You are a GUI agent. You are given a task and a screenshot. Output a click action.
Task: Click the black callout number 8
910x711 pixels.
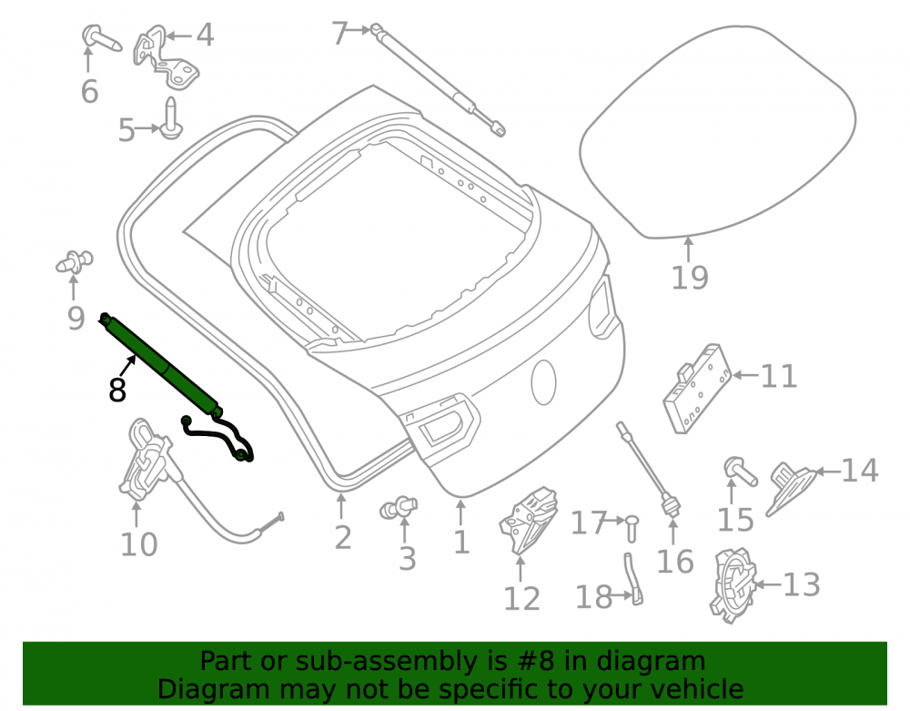pyautogui.click(x=117, y=390)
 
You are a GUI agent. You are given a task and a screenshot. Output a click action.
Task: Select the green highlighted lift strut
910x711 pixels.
pyautogui.click(x=161, y=365)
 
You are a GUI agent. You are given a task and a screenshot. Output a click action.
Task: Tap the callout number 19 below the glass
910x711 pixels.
pyautogui.click(x=690, y=278)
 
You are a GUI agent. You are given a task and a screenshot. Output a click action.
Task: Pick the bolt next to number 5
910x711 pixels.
pyautogui.click(x=171, y=118)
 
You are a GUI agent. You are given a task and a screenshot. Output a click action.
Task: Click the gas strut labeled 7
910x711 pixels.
pyautogui.click(x=438, y=79)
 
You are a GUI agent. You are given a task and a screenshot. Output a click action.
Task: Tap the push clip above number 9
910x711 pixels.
pyautogui.click(x=75, y=261)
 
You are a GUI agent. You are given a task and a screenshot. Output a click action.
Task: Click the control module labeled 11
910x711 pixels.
pyautogui.click(x=697, y=388)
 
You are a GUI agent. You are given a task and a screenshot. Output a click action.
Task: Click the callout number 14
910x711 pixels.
pyautogui.click(x=860, y=470)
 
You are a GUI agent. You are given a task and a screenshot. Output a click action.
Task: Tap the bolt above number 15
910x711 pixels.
pyautogui.click(x=740, y=472)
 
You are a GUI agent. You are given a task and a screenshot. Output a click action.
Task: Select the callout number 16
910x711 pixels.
pyautogui.click(x=674, y=562)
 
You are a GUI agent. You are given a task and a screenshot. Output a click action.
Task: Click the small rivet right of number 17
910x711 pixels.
pyautogui.click(x=632, y=527)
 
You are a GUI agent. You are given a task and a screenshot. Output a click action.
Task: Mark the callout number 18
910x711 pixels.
pyautogui.click(x=593, y=596)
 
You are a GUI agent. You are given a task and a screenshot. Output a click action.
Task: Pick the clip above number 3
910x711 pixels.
pyautogui.click(x=399, y=508)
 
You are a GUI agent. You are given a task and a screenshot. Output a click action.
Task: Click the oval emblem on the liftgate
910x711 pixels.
pyautogui.click(x=544, y=382)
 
